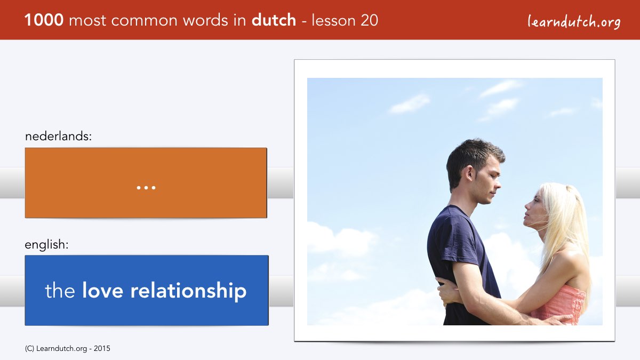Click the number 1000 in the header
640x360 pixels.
(x=44, y=20)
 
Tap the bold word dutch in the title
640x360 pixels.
(x=274, y=20)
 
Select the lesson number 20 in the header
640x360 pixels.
(x=369, y=20)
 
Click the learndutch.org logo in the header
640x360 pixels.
(x=574, y=22)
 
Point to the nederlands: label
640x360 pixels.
(x=58, y=136)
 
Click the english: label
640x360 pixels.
(x=46, y=245)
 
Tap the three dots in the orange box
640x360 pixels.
(x=146, y=188)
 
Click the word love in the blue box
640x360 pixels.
(x=102, y=290)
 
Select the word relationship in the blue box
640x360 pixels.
(x=188, y=291)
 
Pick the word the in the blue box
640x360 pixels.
(x=60, y=290)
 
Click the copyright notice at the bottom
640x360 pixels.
(x=67, y=349)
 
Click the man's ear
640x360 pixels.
(x=470, y=173)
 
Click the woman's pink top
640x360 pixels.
(x=560, y=306)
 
